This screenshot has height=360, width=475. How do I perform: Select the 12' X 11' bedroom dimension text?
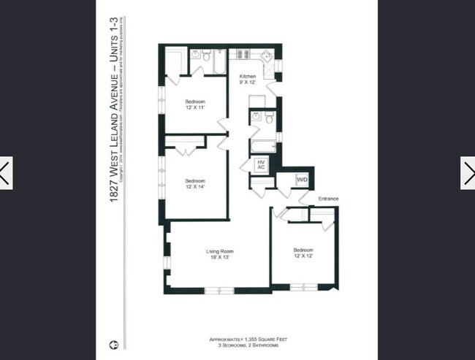[x=194, y=107]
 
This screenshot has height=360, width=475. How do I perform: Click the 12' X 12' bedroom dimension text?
[x=303, y=256]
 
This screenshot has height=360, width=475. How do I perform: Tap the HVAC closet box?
[x=261, y=165]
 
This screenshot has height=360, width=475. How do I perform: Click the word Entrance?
[x=328, y=199]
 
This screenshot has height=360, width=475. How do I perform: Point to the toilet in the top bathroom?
[x=208, y=55]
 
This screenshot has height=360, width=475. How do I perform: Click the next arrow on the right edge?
[x=467, y=173]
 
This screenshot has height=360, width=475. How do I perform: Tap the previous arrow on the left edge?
[x=6, y=173]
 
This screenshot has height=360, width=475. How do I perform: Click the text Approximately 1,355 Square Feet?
[x=237, y=339]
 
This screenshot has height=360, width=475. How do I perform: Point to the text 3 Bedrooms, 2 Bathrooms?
[x=237, y=345]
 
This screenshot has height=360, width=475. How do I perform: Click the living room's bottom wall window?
[x=218, y=290]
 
